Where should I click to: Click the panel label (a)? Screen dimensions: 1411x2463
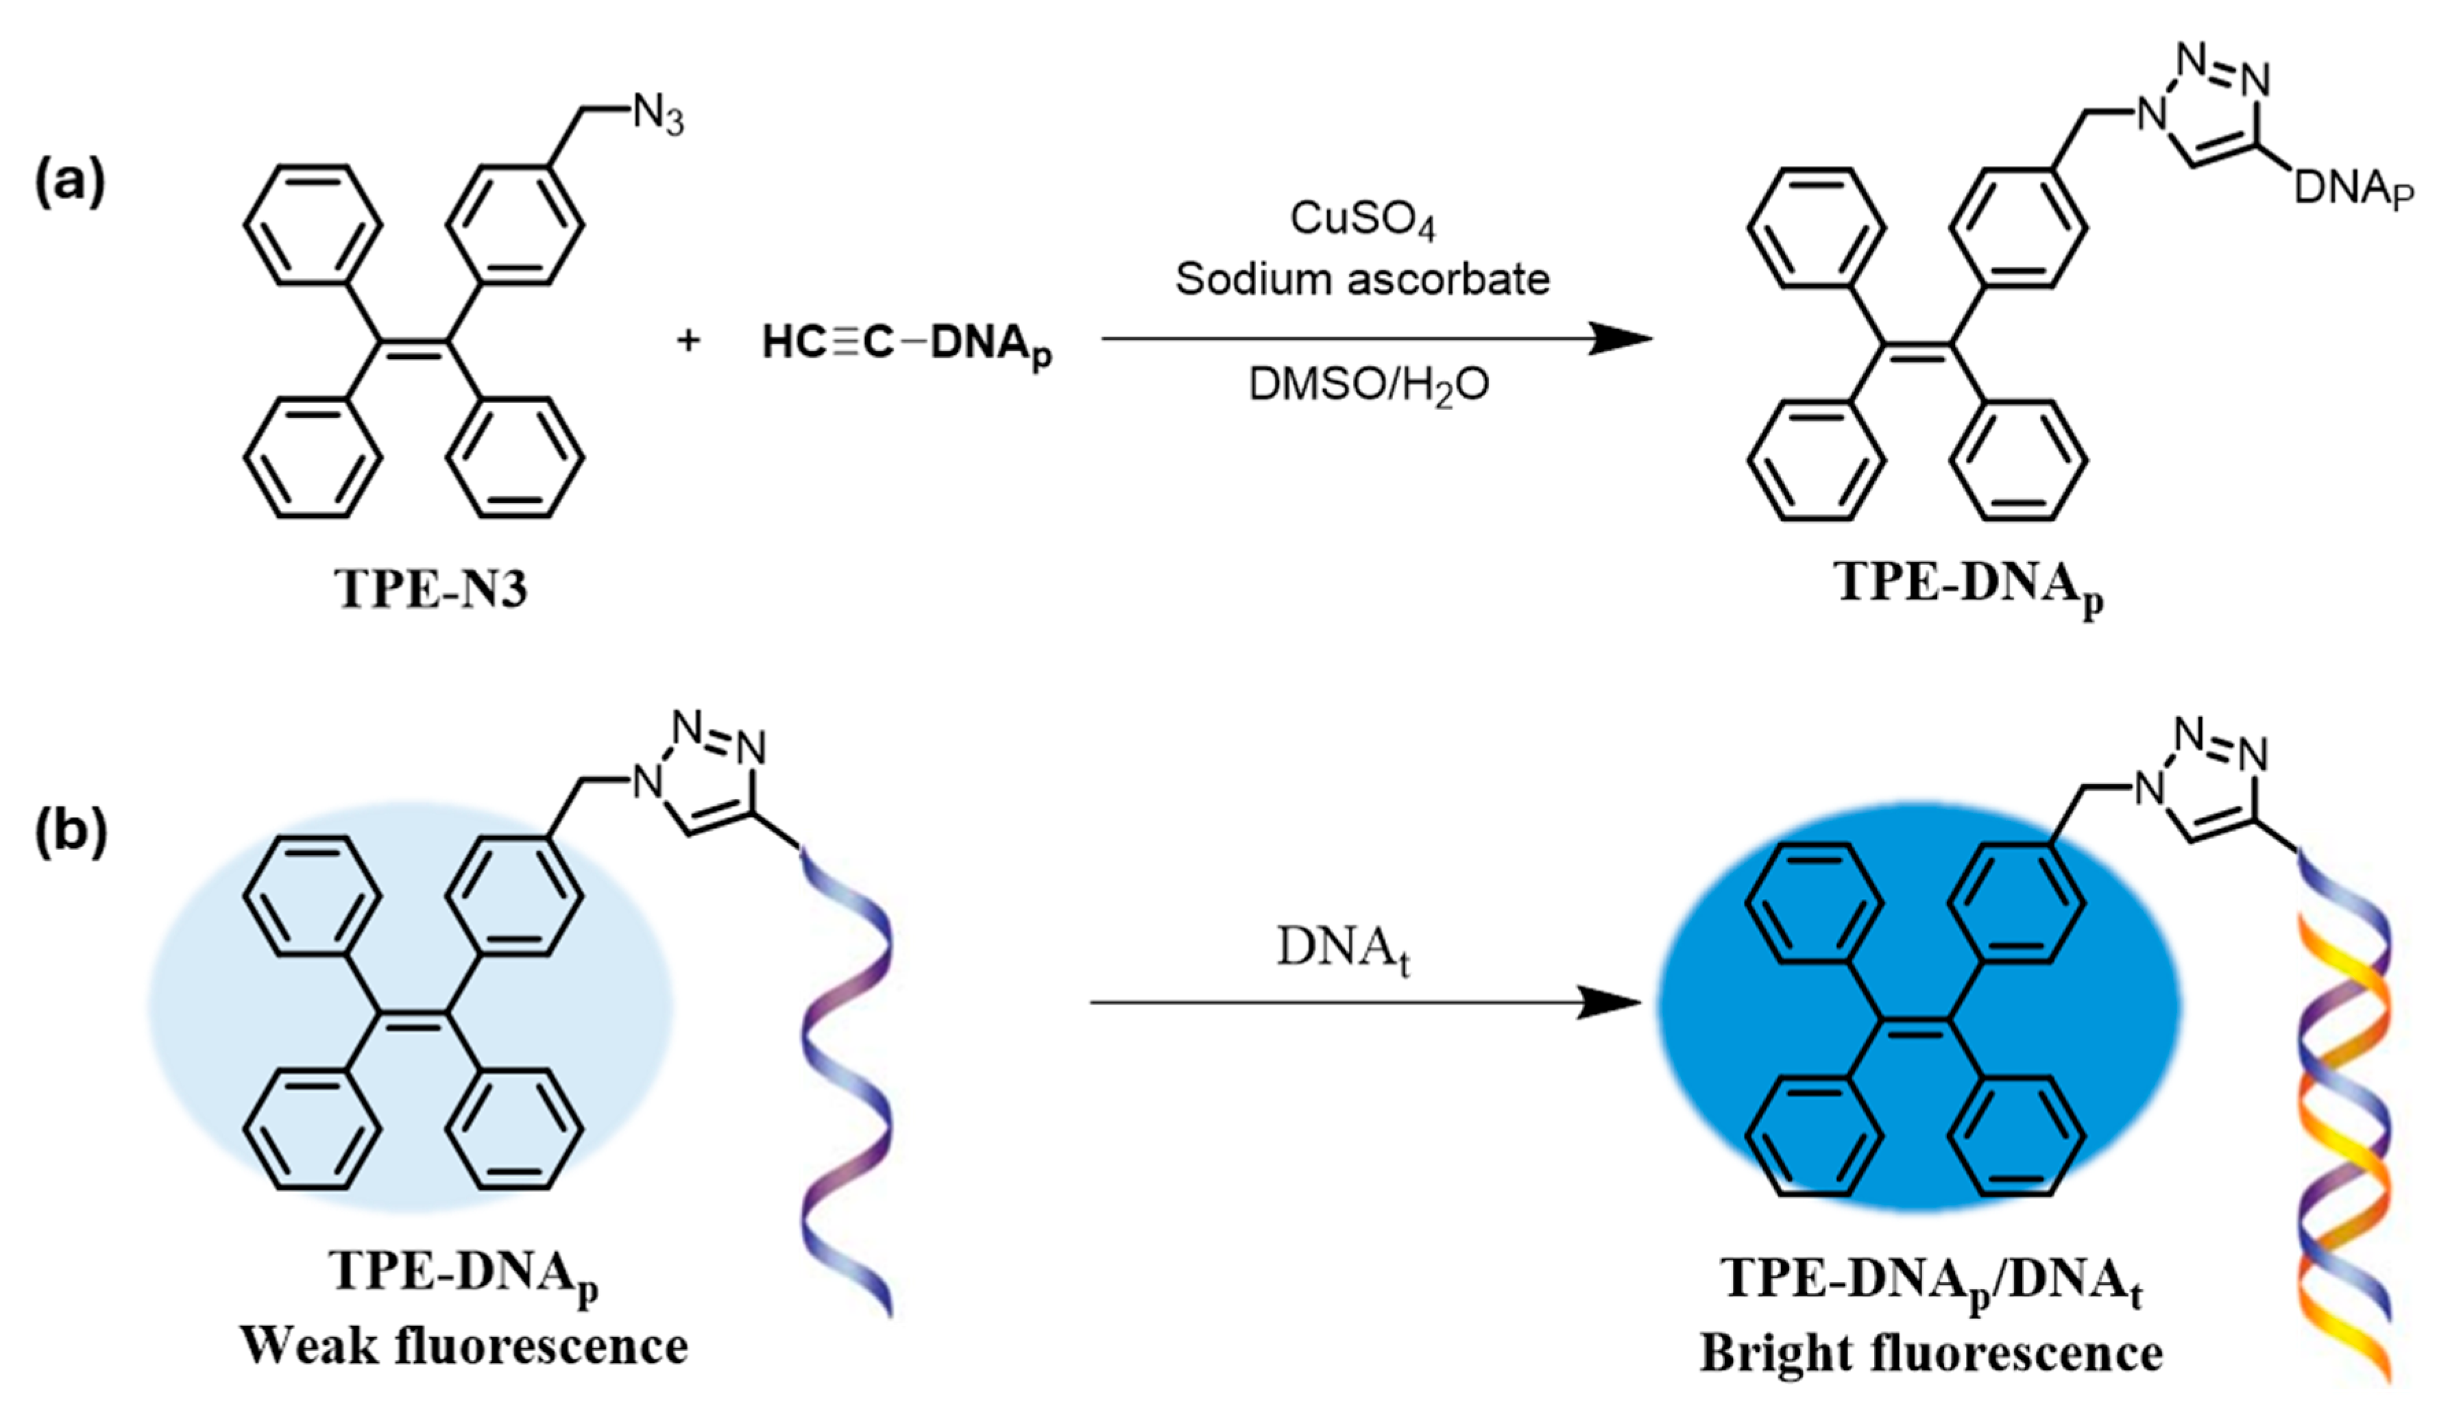pyautogui.click(x=70, y=181)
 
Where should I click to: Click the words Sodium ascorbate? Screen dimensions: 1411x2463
pyautogui.click(x=1362, y=279)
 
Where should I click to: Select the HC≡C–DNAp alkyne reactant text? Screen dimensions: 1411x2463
pyautogui.click(x=906, y=343)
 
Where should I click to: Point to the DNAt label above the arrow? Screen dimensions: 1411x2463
pyautogui.click(x=1342, y=948)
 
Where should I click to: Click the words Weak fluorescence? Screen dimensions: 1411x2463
pyautogui.click(x=463, y=1346)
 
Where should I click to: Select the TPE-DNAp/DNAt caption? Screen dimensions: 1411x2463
pyautogui.click(x=1931, y=1281)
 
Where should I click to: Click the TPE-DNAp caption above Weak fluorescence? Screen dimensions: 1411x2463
pyautogui.click(x=463, y=1273)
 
